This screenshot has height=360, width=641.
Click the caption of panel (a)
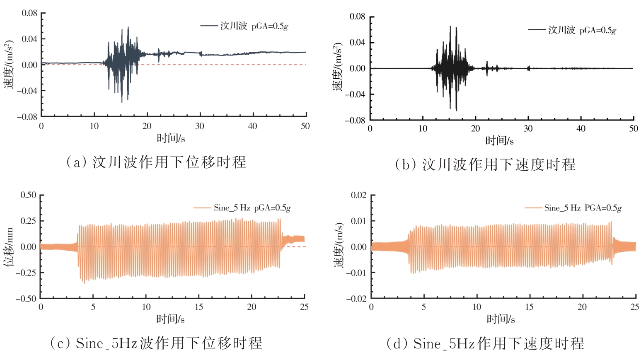click(x=156, y=162)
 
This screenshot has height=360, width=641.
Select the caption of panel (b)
click(x=485, y=164)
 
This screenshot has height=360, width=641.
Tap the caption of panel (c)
click(x=156, y=343)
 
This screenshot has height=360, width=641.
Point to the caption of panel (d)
click(x=485, y=343)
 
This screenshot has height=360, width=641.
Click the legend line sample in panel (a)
click(x=209, y=26)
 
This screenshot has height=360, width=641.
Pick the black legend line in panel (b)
click(x=537, y=30)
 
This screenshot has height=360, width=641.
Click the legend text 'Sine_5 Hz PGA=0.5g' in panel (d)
click(x=583, y=208)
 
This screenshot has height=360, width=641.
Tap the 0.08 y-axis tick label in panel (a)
click(x=29, y=13)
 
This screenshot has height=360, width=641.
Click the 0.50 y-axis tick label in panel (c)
click(x=29, y=195)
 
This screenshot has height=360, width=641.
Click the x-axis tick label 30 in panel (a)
click(x=200, y=126)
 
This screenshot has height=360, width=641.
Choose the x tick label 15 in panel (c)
click(x=199, y=307)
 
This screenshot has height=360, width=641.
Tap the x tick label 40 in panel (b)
click(x=581, y=128)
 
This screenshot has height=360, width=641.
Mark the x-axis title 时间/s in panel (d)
click(x=501, y=319)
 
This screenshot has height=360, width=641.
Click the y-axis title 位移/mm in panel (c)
click(x=9, y=247)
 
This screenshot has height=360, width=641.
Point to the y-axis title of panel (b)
click(x=338, y=67)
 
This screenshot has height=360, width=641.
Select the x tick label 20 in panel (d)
click(x=582, y=307)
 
